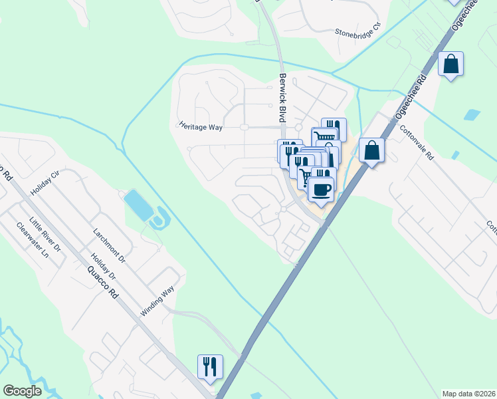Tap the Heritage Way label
[200, 125]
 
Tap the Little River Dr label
[49, 235]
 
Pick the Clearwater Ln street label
[33, 240]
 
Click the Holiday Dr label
[103, 267]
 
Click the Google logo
[22, 391]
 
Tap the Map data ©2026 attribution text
[469, 393]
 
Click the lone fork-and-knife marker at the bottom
[210, 366]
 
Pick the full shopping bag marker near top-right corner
[451, 65]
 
